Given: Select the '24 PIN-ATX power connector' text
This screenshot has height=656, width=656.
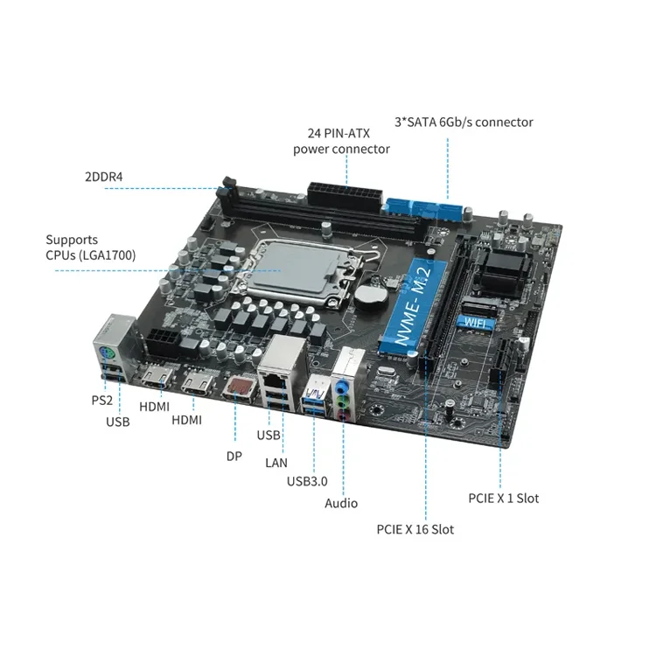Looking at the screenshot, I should click(341, 141).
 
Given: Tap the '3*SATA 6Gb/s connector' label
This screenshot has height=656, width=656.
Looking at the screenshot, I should click(464, 122).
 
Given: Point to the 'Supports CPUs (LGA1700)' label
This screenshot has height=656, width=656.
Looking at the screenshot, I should click(90, 247).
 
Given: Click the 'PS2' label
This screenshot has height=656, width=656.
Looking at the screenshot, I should click(102, 401).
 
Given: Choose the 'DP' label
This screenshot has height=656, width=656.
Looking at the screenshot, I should click(233, 455).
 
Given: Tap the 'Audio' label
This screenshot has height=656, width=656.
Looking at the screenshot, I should click(341, 503).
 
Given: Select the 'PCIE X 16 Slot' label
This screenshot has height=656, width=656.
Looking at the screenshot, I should click(415, 529).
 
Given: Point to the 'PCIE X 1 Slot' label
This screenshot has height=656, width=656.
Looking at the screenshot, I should click(504, 499).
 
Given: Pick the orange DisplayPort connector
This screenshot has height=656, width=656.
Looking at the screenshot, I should click(238, 387).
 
